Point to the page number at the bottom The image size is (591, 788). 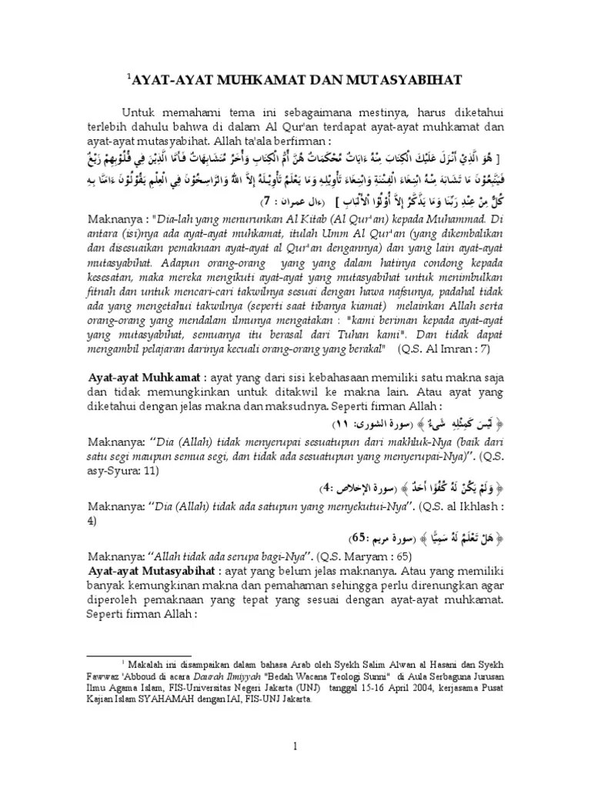click(295, 746)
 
